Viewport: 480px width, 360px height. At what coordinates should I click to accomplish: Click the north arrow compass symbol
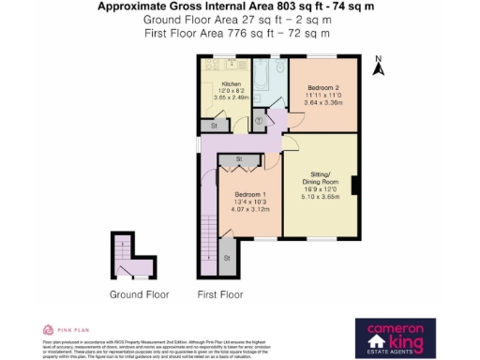379,67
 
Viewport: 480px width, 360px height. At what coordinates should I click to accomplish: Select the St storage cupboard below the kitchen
215,124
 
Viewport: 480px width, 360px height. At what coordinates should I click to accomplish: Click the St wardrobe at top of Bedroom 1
240,160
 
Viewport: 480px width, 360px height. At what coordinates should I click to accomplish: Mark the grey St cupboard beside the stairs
227,257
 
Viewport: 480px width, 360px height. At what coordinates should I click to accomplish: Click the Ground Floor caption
139,294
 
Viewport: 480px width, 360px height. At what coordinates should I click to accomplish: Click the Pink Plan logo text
68,329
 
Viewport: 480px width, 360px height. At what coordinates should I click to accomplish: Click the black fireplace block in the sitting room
353,185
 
